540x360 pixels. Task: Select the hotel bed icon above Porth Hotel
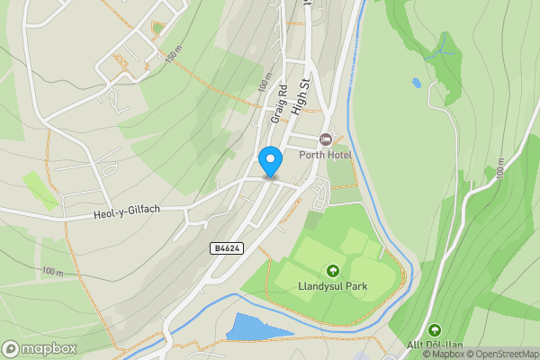(x=325, y=139)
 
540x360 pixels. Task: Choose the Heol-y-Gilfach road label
(x=126, y=214)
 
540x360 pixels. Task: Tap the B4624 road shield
(x=228, y=247)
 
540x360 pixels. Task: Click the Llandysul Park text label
(x=333, y=287)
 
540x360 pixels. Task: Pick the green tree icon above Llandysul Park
(x=333, y=271)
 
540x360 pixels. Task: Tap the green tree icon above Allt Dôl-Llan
(x=436, y=331)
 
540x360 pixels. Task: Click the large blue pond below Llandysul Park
(x=256, y=328)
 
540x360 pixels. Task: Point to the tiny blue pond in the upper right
(x=416, y=83)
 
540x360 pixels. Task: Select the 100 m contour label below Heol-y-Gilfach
(x=52, y=271)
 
